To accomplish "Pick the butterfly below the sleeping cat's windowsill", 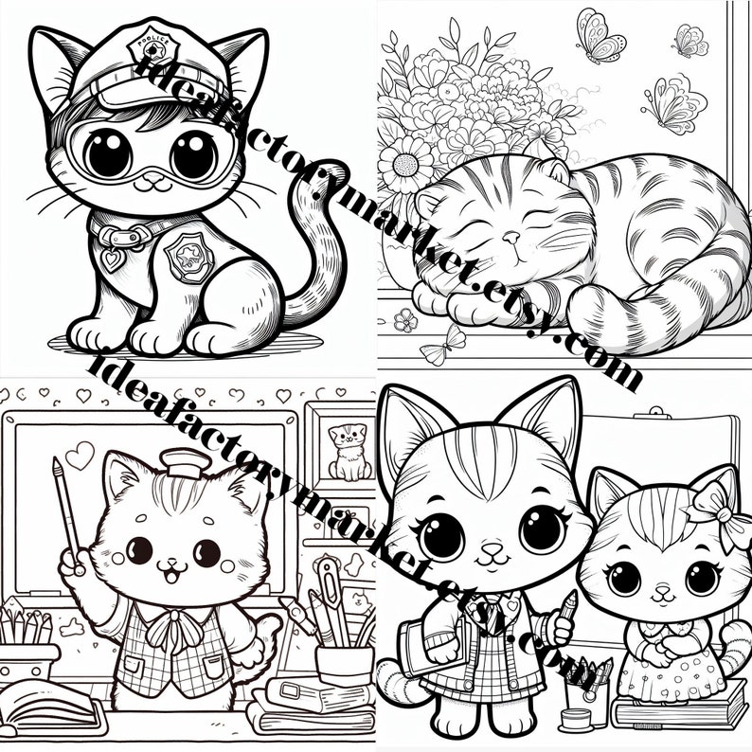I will point(442,349).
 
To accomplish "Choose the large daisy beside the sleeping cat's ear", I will point(405,167).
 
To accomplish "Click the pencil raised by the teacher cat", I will point(66,511).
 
